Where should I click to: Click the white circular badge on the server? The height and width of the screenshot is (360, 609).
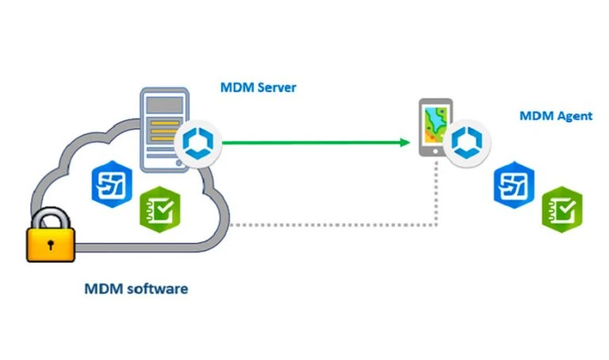coord(195,143)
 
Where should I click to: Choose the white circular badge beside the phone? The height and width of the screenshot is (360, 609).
coord(467,144)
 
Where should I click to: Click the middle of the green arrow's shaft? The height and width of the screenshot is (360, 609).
coord(313,143)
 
